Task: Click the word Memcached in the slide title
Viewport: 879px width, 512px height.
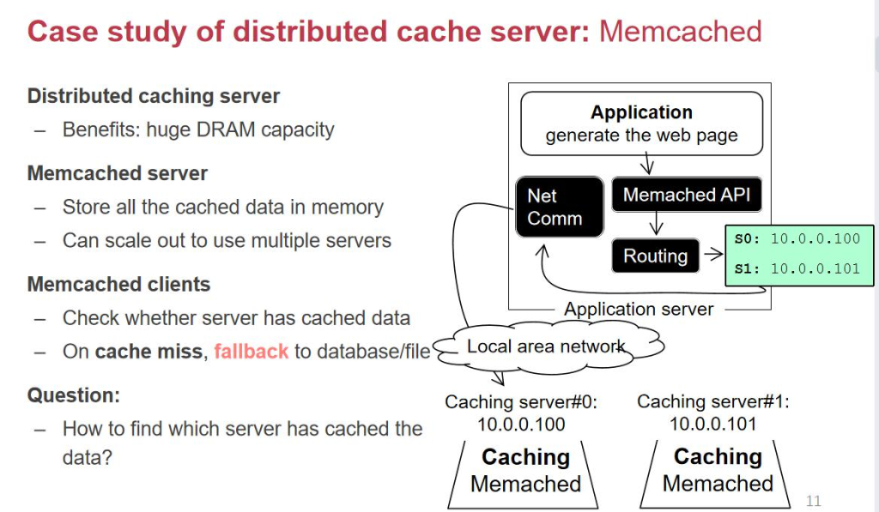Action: (x=680, y=32)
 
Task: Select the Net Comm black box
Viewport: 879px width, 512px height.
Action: (x=559, y=207)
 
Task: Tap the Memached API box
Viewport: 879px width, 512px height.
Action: (x=686, y=195)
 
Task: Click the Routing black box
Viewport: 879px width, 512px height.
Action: (x=655, y=256)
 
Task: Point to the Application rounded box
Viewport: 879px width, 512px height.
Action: (x=641, y=124)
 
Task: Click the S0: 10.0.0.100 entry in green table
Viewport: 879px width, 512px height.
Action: (x=797, y=239)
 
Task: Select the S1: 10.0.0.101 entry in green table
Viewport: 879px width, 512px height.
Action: (x=797, y=268)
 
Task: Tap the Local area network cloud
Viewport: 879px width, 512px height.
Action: (x=547, y=347)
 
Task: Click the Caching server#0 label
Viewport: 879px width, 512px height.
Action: (x=521, y=401)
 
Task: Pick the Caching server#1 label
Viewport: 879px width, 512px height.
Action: (x=713, y=401)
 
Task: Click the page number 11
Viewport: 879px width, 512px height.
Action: (x=814, y=501)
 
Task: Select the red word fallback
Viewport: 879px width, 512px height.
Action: (x=251, y=352)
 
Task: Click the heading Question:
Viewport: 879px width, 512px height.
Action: (x=74, y=395)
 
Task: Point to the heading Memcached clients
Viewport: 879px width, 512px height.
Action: (x=118, y=284)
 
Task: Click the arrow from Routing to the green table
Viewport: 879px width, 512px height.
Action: (x=712, y=255)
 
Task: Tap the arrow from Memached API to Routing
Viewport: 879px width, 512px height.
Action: (x=657, y=224)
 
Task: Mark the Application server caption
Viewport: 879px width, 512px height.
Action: (x=639, y=309)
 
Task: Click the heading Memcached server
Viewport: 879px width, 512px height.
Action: (x=118, y=173)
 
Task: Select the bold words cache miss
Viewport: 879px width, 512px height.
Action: (x=149, y=352)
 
